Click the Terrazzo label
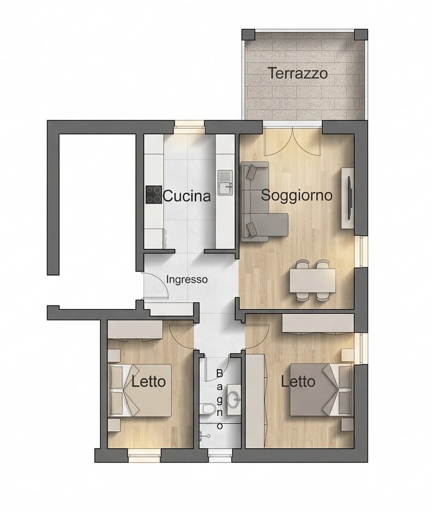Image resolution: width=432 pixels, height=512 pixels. click(x=298, y=74)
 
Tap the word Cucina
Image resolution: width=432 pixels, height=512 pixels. click(x=186, y=196)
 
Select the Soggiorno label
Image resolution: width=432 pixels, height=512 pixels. click(x=297, y=195)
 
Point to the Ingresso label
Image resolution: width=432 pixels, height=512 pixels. click(x=186, y=280)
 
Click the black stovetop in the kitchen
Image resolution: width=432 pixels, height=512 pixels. click(x=154, y=195)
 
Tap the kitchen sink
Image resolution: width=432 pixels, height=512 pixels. click(x=225, y=182)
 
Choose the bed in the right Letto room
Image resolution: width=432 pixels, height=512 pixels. click(x=321, y=389)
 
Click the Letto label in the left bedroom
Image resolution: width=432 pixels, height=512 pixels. click(x=148, y=382)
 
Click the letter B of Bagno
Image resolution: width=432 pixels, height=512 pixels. click(x=219, y=373)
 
